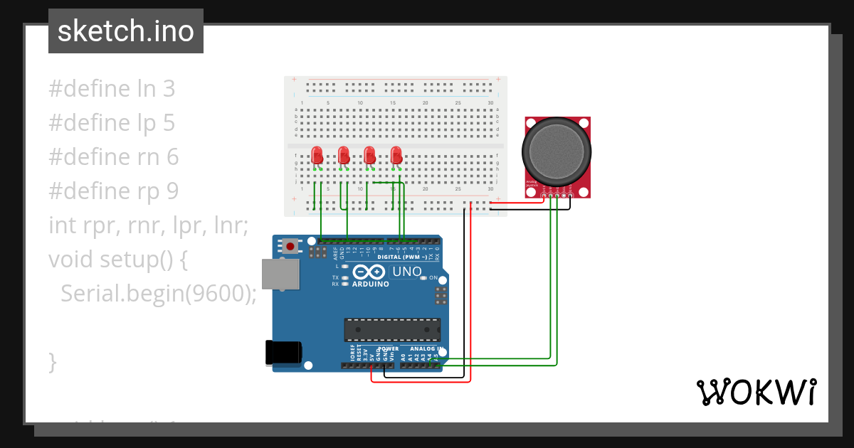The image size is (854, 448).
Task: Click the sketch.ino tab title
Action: (x=126, y=31)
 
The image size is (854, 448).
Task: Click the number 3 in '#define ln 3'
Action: (x=169, y=89)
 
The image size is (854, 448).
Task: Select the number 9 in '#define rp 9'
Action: (x=172, y=191)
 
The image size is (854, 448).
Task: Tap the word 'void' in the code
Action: (x=69, y=260)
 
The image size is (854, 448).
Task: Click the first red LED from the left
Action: (x=317, y=154)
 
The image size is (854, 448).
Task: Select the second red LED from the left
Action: (x=344, y=154)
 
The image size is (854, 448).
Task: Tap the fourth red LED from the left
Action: (x=396, y=154)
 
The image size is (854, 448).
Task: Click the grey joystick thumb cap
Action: (x=556, y=150)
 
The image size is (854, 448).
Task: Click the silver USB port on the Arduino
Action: (x=280, y=274)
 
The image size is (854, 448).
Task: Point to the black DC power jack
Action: (x=283, y=353)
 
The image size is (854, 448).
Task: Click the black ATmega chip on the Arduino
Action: (x=392, y=330)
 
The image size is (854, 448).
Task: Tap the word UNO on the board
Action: (x=407, y=272)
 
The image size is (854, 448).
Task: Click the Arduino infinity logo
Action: (x=369, y=272)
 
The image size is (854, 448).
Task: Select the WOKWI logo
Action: (x=756, y=392)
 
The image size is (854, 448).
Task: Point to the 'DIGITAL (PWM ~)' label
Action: (x=402, y=257)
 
